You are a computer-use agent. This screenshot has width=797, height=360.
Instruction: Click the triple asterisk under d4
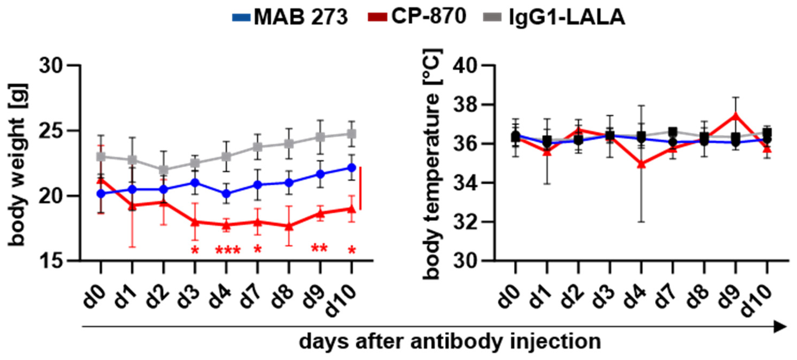pyautogui.click(x=227, y=250)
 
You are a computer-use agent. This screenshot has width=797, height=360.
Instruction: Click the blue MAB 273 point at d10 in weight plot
pyautogui.click(x=352, y=168)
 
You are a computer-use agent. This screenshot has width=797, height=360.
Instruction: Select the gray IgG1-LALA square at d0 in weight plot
pyautogui.click(x=100, y=157)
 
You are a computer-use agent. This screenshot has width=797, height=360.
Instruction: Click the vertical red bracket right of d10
pyautogui.click(x=360, y=188)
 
